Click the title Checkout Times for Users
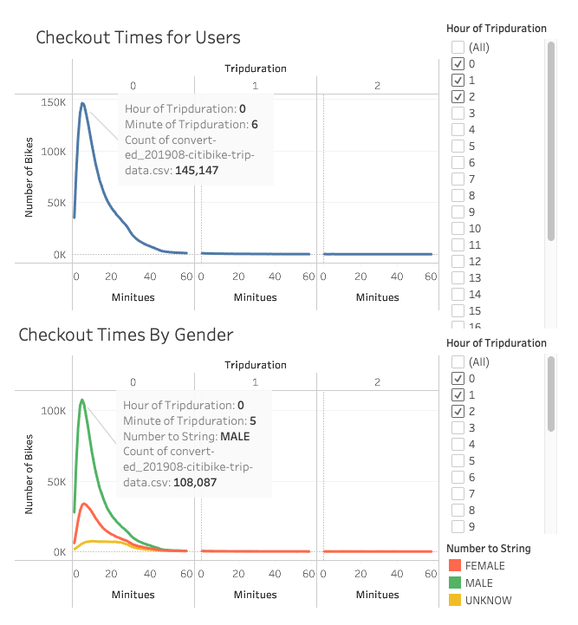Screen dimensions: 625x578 click(138, 38)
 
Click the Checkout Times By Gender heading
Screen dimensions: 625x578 click(126, 335)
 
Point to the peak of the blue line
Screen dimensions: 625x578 click(82, 104)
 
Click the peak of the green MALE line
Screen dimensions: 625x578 click(82, 400)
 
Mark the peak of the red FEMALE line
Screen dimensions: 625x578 click(84, 504)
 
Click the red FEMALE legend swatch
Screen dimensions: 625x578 click(453, 566)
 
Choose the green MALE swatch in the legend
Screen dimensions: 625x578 click(453, 583)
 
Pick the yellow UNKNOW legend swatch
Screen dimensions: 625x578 click(453, 601)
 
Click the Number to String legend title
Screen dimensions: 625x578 click(488, 548)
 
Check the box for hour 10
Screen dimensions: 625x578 click(458, 229)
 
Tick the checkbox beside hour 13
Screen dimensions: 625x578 click(458, 278)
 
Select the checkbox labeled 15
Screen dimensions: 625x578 click(458, 311)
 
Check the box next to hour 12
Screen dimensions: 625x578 click(458, 262)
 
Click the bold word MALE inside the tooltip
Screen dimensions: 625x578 click(235, 436)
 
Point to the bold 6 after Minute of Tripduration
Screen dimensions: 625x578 click(255, 124)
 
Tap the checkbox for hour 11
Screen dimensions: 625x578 click(458, 245)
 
